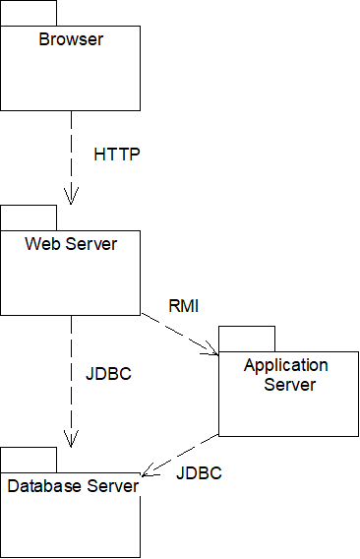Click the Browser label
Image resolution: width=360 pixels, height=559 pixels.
pyautogui.click(x=71, y=39)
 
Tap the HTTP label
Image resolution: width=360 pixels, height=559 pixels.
pyautogui.click(x=117, y=155)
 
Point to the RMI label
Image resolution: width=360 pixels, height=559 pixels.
pyautogui.click(x=184, y=306)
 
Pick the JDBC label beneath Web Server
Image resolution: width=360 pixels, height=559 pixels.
pyautogui.click(x=108, y=374)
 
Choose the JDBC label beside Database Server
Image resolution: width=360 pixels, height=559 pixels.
pyautogui.click(x=199, y=473)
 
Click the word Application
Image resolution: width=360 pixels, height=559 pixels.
pyautogui.click(x=286, y=365)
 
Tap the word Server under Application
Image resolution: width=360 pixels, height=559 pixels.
pyautogui.click(x=289, y=385)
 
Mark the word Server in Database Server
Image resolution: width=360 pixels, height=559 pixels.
pyautogui.click(x=113, y=486)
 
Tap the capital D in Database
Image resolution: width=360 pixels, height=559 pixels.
pyautogui.click(x=13, y=486)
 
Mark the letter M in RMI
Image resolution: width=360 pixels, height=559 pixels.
pyautogui.click(x=185, y=306)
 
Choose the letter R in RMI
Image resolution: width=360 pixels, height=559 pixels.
pyautogui.click(x=174, y=306)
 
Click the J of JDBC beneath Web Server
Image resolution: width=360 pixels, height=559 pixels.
pyautogui.click(x=90, y=374)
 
